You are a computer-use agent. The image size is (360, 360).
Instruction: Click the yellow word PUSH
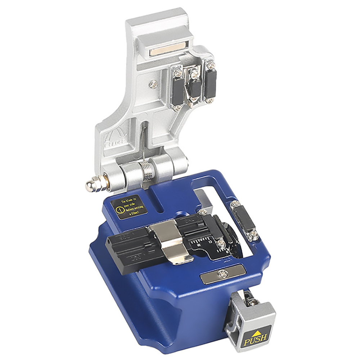[x=255, y=339]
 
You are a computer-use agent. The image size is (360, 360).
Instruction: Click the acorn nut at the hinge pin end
[x=91, y=185]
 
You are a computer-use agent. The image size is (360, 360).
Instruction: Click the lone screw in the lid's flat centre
[x=154, y=84]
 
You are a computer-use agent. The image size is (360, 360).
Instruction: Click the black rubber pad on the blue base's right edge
[x=244, y=220]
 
